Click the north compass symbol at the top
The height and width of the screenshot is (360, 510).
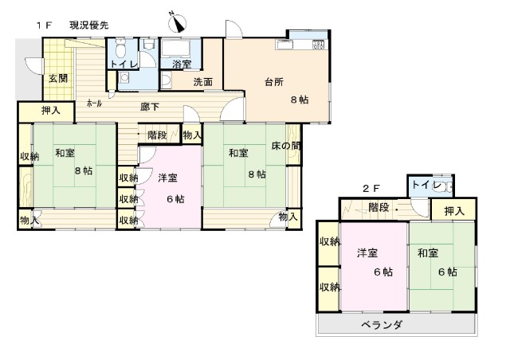pyautogui.click(x=176, y=22)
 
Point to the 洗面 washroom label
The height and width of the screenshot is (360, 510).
pyautogui.click(x=202, y=81)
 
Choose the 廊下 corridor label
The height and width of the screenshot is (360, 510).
pyautogui.click(x=150, y=105)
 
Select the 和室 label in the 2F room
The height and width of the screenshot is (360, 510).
pyautogui.click(x=428, y=253)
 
